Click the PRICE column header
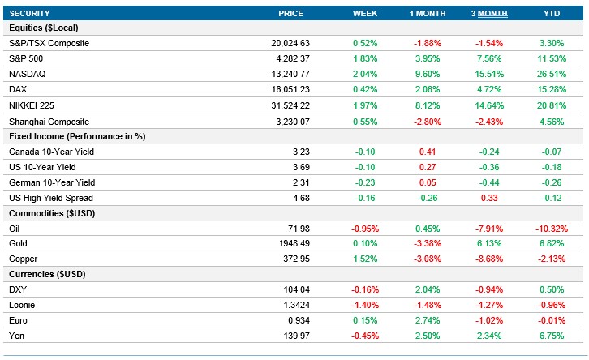[x=290, y=14]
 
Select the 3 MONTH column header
[x=485, y=14]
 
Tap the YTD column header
[x=551, y=14]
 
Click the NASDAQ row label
[x=26, y=74]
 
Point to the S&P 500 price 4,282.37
[x=289, y=58]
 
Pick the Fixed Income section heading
[x=77, y=136]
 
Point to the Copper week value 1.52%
[x=365, y=259]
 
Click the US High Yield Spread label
[x=50, y=198]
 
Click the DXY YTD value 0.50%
[x=551, y=290]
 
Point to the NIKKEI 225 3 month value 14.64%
[x=485, y=105]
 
